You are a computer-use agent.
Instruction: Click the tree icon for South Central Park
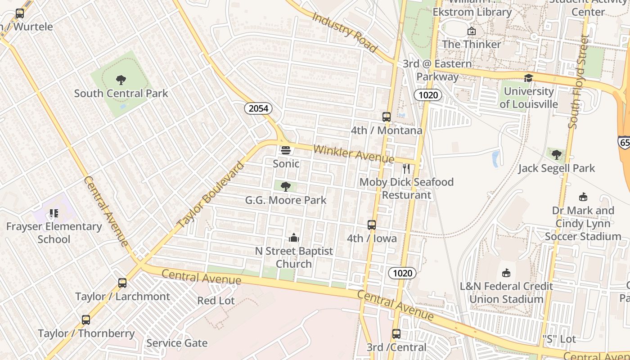tap(121, 80)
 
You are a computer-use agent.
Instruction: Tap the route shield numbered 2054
tap(258, 108)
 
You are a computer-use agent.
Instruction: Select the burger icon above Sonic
tap(286, 150)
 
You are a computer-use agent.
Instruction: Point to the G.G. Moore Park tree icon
tap(285, 186)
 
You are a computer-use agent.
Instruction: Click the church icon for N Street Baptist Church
tap(294, 238)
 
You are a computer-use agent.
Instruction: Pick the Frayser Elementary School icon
tap(54, 213)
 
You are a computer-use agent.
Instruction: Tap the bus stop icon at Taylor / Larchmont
tap(122, 283)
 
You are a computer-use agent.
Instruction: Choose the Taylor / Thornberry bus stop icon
tap(86, 320)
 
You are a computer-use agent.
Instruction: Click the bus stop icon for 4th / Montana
tap(387, 117)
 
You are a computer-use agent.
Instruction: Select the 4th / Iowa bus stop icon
tap(372, 225)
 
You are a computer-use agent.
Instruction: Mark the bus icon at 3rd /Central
tap(396, 334)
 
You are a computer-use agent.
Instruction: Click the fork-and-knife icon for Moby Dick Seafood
tap(406, 169)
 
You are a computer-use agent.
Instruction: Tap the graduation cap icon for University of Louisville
tap(528, 78)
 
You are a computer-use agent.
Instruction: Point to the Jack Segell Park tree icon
tap(557, 155)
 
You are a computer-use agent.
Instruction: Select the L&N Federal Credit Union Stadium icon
tap(506, 273)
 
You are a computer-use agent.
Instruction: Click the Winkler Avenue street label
tap(354, 154)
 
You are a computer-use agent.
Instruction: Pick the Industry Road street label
tap(344, 32)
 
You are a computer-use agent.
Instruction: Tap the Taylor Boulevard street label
tap(211, 195)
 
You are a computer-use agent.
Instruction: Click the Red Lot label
tap(216, 301)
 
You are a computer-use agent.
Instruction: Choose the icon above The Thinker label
tap(472, 31)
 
